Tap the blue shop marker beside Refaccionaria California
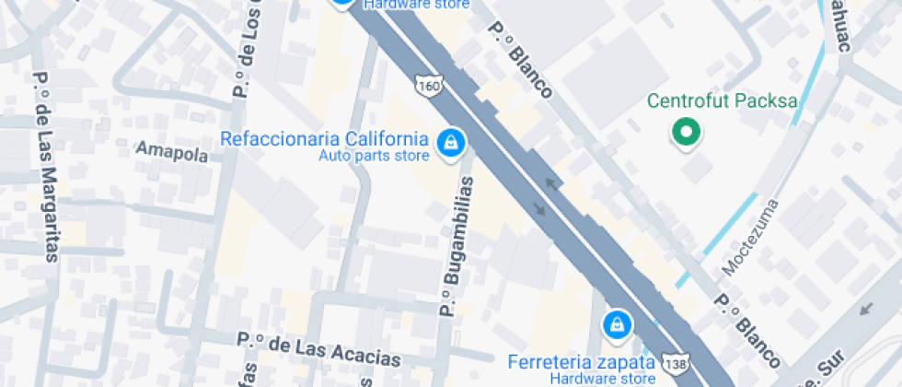(450, 143)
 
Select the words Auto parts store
(374, 156)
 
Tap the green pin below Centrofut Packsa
(685, 133)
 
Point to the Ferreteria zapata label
(582, 360)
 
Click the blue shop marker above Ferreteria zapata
(616, 324)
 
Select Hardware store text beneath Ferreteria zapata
(603, 378)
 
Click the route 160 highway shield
(428, 86)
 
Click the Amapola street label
(172, 153)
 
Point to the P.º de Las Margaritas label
(45, 167)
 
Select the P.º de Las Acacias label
(319, 350)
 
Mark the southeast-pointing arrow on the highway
(539, 207)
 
